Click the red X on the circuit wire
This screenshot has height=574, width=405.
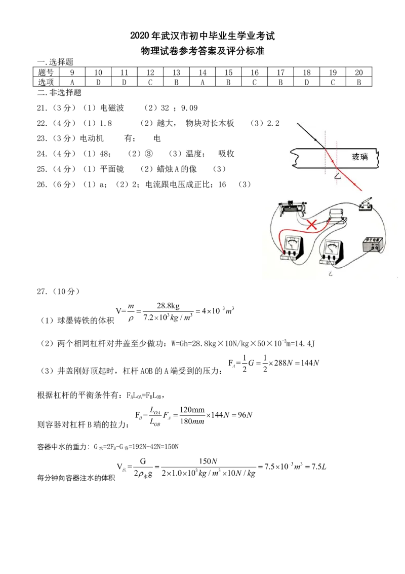[311, 225]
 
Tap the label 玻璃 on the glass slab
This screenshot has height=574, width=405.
[359, 157]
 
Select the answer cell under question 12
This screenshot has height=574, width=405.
[150, 82]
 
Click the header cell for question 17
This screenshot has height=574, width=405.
[281, 73]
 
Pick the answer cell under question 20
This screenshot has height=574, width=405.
[359, 82]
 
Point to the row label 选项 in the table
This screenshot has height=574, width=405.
[46, 82]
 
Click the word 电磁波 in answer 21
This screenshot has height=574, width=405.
[112, 108]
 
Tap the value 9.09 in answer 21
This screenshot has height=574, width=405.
[189, 108]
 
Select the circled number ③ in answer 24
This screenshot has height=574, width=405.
[149, 154]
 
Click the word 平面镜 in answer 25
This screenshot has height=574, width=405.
[112, 169]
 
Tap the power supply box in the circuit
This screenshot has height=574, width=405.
[374, 244]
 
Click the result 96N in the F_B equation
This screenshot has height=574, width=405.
[245, 415]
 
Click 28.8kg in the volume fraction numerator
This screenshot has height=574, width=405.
[168, 306]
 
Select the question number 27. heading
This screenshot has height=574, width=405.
[42, 292]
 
